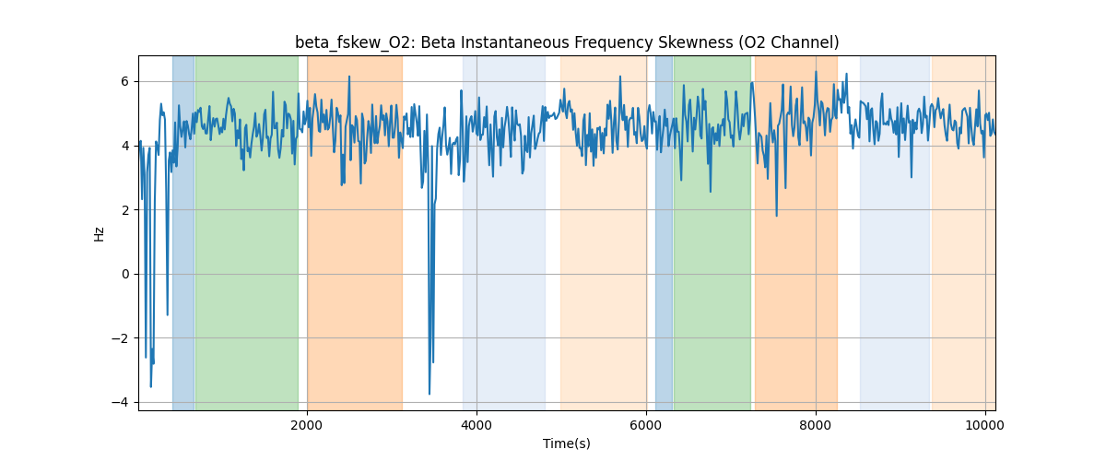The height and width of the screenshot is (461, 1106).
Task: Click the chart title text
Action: [x=567, y=42]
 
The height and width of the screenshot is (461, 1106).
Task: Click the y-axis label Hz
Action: [x=99, y=233]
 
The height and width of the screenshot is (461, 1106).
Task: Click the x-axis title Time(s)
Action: [x=567, y=443]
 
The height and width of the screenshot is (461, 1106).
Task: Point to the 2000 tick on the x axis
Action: [x=307, y=425]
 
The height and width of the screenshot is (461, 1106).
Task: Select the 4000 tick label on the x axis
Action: [x=477, y=425]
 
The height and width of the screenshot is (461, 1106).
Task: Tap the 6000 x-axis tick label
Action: [x=646, y=425]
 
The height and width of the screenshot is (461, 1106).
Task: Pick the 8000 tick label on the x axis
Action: [x=816, y=425]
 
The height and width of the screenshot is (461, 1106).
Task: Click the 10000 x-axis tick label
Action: [x=985, y=425]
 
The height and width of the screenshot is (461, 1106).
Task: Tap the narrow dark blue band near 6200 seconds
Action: [x=664, y=230]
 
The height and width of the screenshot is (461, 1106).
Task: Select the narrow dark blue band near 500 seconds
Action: [x=183, y=230]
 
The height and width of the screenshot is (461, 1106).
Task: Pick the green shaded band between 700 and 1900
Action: [x=247, y=230]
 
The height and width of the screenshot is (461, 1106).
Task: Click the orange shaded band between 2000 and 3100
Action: [x=355, y=230]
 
